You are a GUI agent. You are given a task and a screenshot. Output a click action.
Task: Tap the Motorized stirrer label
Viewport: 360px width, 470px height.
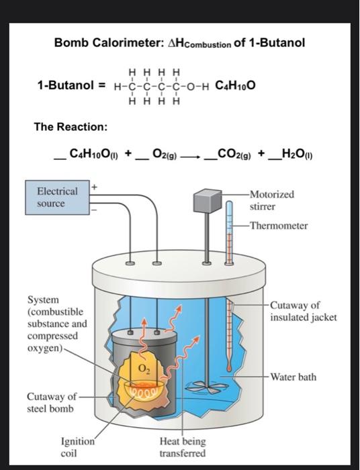[x=272, y=200]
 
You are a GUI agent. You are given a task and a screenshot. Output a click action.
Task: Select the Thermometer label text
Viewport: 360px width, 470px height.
[x=279, y=226]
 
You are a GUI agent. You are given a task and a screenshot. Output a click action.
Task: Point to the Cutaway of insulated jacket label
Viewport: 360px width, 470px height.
[x=304, y=312]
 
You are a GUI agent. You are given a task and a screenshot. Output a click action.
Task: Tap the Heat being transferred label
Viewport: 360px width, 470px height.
[x=183, y=447]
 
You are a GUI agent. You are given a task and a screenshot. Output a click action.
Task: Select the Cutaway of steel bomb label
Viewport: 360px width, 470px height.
[x=52, y=402]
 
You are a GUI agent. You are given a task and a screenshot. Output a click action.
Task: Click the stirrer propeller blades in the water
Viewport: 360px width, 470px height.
[x=205, y=387]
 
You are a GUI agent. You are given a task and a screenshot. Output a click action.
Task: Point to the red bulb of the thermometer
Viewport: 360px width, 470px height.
[x=229, y=368]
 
